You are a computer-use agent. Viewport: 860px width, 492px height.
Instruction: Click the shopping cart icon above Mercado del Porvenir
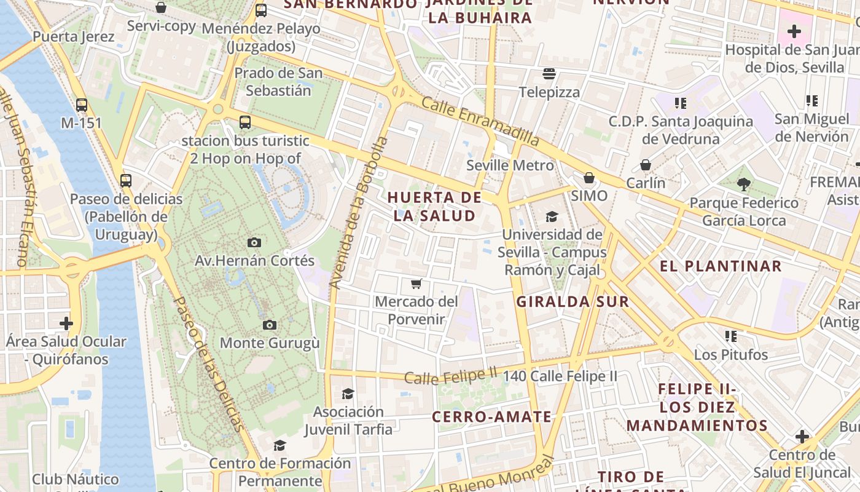click(x=416, y=284)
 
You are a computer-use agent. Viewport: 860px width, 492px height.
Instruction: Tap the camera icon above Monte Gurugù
click(x=269, y=325)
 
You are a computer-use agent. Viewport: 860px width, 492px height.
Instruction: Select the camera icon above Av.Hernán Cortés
click(x=254, y=243)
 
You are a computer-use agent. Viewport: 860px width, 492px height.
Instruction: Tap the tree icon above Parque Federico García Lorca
click(x=743, y=184)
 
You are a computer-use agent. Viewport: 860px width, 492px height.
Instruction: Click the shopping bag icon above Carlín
click(x=646, y=165)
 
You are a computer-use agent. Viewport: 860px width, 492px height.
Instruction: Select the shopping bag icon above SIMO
click(x=589, y=178)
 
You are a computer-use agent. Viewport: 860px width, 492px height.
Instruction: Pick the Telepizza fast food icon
click(x=549, y=74)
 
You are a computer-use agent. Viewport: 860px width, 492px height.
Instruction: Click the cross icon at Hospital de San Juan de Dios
click(x=794, y=31)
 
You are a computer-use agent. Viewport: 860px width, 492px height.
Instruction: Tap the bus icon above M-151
click(x=82, y=105)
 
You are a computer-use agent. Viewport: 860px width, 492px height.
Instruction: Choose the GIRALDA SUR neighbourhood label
click(x=573, y=301)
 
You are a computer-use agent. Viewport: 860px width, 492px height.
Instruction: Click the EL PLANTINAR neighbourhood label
click(x=721, y=266)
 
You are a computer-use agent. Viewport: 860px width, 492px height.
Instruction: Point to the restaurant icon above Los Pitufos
click(x=731, y=336)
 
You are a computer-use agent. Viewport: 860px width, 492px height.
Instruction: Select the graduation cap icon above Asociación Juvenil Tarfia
click(x=348, y=394)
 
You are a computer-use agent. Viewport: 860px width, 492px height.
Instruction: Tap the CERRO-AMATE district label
click(x=491, y=417)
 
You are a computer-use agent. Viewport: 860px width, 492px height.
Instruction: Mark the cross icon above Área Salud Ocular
click(x=66, y=323)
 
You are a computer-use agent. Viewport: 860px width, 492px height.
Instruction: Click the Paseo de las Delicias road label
click(x=208, y=363)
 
